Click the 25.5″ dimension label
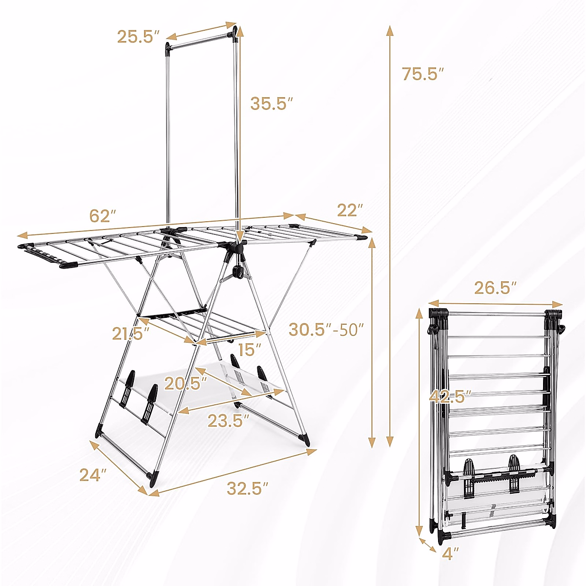tap(138, 37)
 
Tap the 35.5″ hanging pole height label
tap(272, 104)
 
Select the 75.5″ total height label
tap(423, 74)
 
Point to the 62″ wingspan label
tap(103, 216)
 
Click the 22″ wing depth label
tap(350, 210)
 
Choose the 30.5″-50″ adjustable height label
tap(326, 329)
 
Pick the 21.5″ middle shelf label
tap(130, 334)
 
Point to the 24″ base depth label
tap(93, 475)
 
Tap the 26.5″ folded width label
tap(495, 288)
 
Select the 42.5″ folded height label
tap(450, 396)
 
